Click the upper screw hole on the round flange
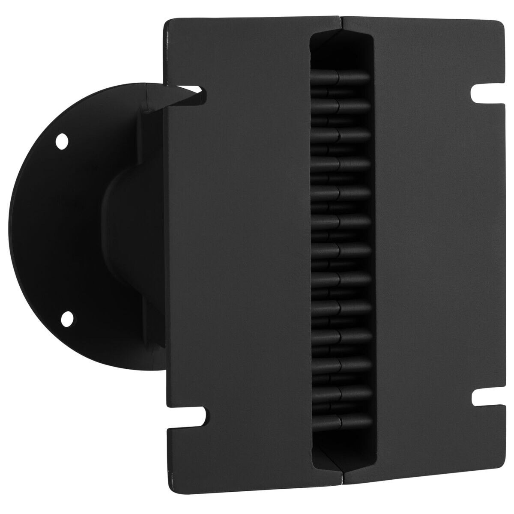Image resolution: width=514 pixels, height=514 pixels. [63, 141]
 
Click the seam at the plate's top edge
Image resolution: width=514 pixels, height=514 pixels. [341, 19]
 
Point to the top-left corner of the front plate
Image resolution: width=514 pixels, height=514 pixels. [167, 21]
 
